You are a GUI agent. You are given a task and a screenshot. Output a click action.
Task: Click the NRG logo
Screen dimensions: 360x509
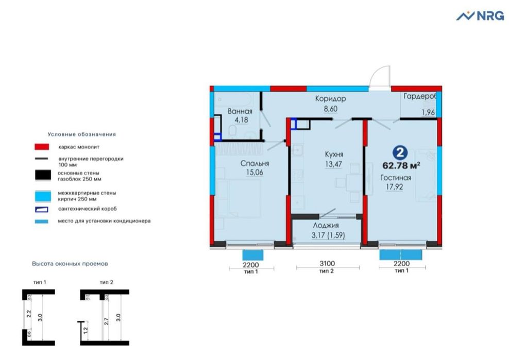pyautogui.click(x=480, y=16)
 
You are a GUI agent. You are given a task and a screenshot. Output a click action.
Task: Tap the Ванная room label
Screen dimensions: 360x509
pyautogui.click(x=240, y=112)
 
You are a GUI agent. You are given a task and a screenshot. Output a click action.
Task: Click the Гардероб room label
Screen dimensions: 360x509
pyautogui.click(x=420, y=97)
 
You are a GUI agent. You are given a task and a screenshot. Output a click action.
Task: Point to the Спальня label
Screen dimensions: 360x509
pyautogui.click(x=254, y=164)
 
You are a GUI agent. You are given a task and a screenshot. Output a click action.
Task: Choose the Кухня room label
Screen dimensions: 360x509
pyautogui.click(x=334, y=155)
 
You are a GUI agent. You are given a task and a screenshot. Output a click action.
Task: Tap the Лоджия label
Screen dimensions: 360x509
pyautogui.click(x=326, y=226)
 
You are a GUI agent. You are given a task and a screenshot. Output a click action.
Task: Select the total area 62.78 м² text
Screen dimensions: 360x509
pyautogui.click(x=401, y=165)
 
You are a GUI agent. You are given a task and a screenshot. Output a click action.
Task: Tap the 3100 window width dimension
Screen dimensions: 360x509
pyautogui.click(x=325, y=263)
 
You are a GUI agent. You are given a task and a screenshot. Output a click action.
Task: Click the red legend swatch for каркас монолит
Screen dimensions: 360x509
pyautogui.click(x=41, y=147)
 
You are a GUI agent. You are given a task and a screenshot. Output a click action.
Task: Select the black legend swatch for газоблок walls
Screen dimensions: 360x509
pyautogui.click(x=41, y=175)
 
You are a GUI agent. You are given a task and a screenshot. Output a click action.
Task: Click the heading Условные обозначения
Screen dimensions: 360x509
pyautogui.click(x=82, y=134)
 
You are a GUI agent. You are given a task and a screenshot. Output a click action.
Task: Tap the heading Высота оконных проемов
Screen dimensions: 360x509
pyautogui.click(x=70, y=263)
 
